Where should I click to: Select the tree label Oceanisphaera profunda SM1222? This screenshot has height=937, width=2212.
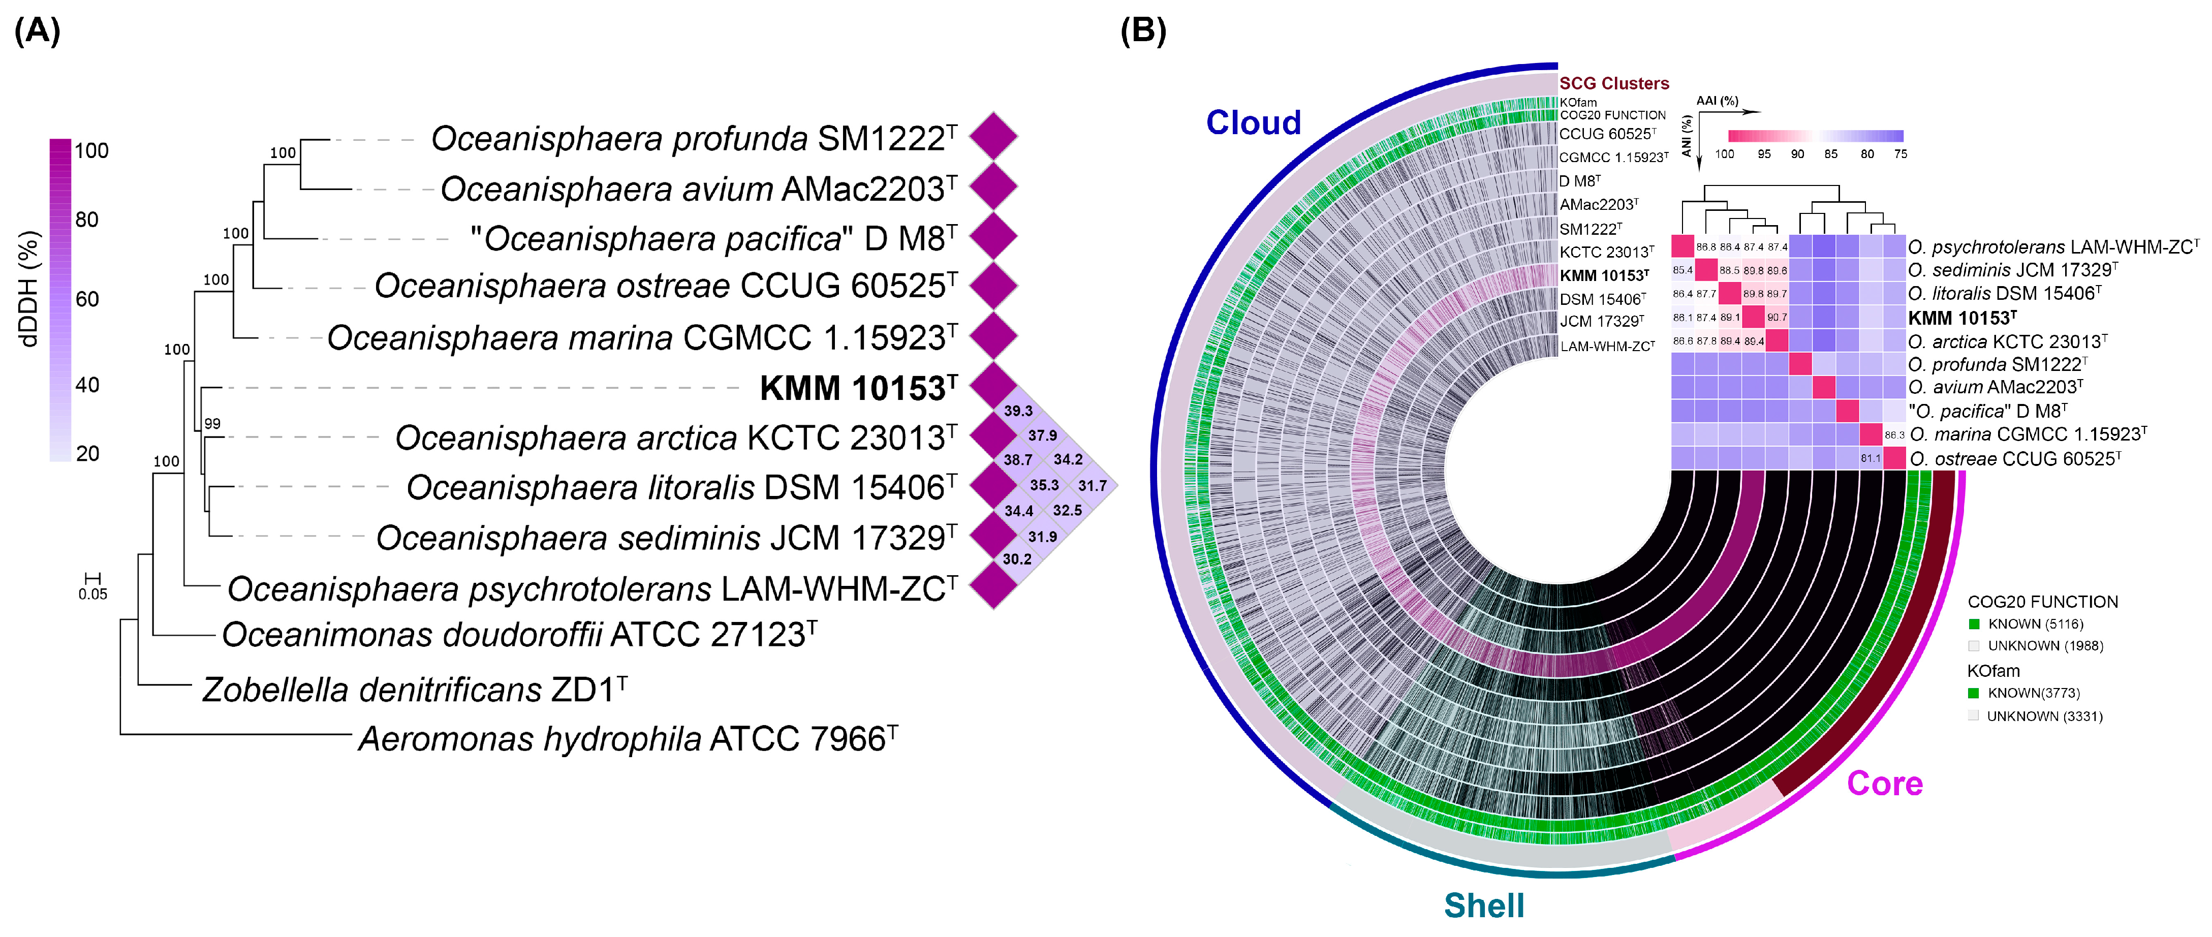[694, 138]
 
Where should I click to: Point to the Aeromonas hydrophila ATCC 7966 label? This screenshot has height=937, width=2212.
[628, 739]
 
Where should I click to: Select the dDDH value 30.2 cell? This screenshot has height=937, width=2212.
[1017, 559]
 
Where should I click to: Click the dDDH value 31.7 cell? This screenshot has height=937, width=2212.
[1092, 486]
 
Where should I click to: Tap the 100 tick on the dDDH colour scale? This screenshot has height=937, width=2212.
[91, 151]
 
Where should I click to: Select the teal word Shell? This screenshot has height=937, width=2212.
[1484, 905]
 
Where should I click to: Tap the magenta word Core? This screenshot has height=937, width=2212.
[1885, 783]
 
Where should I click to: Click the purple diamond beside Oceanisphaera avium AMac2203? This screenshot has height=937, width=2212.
[993, 186]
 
